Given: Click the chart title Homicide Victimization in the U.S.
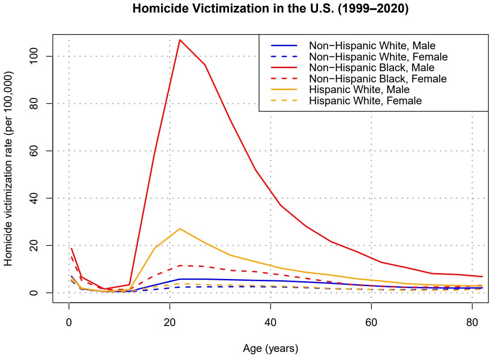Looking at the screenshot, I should point(270,9).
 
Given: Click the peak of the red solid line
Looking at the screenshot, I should point(179,40).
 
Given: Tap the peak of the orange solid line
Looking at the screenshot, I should point(179,229).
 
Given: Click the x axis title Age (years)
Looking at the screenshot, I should point(270,348).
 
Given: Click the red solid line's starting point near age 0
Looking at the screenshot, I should point(71,249).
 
